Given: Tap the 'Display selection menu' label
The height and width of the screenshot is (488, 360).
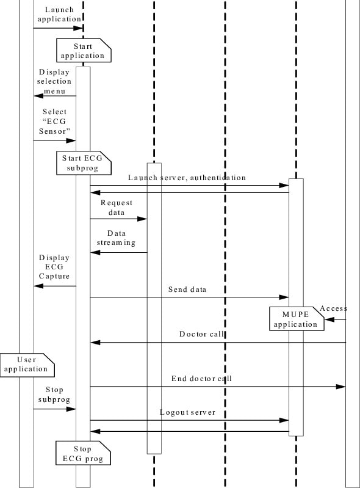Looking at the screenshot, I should pyautogui.click(x=54, y=81).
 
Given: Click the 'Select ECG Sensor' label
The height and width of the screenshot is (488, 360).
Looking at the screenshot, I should pyautogui.click(x=56, y=122).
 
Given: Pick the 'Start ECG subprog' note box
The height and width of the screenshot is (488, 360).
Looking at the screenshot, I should pyautogui.click(x=84, y=162).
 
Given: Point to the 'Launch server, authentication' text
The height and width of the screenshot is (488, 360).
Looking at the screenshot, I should pyautogui.click(x=187, y=178).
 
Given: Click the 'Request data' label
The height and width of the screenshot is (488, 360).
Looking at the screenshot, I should pyautogui.click(x=116, y=208).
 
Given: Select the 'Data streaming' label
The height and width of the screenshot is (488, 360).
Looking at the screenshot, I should pyautogui.click(x=117, y=238).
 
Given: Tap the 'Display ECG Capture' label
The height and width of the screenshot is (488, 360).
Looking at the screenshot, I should pyautogui.click(x=54, y=267).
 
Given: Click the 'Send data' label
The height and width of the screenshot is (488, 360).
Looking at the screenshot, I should pyautogui.click(x=187, y=290).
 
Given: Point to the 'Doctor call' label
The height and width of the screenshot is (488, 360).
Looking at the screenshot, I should pyautogui.click(x=201, y=334).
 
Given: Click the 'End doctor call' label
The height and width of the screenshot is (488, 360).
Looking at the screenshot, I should pyautogui.click(x=201, y=379).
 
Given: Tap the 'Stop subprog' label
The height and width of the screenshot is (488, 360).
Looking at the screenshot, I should pyautogui.click(x=54, y=395).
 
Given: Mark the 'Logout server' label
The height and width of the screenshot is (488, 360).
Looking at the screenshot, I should pyautogui.click(x=187, y=412).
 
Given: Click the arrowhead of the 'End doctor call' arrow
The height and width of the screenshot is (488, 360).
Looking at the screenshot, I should pyautogui.click(x=342, y=387).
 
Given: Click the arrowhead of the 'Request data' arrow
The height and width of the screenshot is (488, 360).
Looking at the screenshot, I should pyautogui.click(x=144, y=219).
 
